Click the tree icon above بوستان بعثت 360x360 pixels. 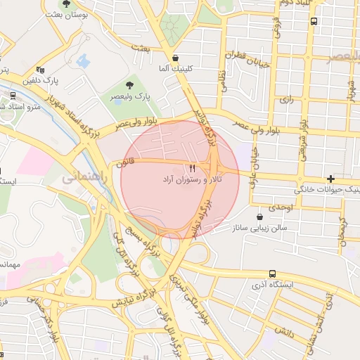point(66,4)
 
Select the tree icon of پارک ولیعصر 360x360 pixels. point(128,85)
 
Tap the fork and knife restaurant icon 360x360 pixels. point(192,168)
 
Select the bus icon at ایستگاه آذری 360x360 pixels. point(272,274)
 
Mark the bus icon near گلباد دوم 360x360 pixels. point(313,21)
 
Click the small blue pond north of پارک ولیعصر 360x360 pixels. point(84,61)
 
